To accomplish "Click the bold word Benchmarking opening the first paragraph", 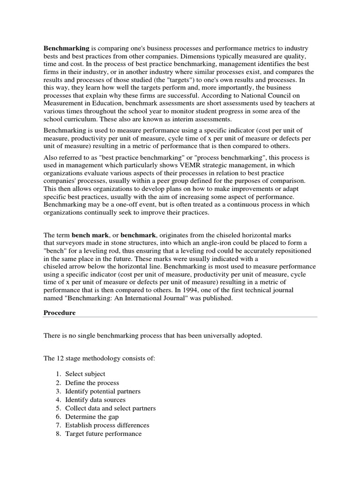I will point(66,48).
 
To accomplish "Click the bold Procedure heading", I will point(60,313).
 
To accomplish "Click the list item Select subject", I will point(85,374).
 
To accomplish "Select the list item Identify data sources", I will point(95,400).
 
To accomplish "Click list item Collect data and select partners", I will point(111,408).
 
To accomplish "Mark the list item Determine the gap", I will point(92,417).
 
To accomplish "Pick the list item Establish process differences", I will point(107,425).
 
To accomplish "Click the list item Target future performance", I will point(103,434).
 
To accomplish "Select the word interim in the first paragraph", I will point(158,120).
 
